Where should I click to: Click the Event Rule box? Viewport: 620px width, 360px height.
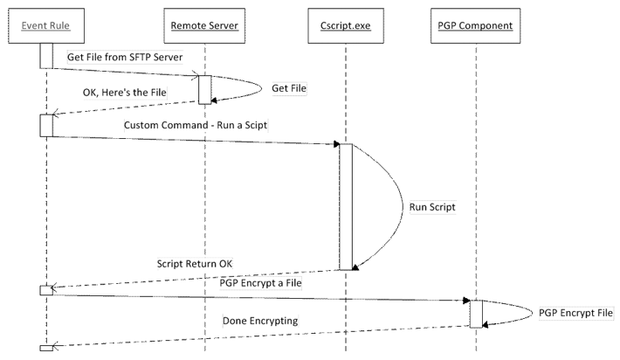click(45, 25)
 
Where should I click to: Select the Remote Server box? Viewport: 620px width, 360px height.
click(204, 25)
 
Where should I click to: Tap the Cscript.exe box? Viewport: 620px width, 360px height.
click(345, 25)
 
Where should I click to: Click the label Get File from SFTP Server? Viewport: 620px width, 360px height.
click(125, 57)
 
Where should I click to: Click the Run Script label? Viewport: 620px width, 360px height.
click(434, 209)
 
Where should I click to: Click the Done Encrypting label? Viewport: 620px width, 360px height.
click(260, 322)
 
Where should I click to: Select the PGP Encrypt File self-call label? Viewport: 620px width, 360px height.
click(575, 313)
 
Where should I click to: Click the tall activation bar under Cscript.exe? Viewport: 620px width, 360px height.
click(346, 206)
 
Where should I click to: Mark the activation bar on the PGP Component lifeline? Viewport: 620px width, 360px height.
click(476, 313)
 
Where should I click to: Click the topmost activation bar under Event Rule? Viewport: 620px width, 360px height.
click(45, 53)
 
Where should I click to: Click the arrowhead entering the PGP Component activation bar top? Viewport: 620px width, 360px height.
click(466, 300)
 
